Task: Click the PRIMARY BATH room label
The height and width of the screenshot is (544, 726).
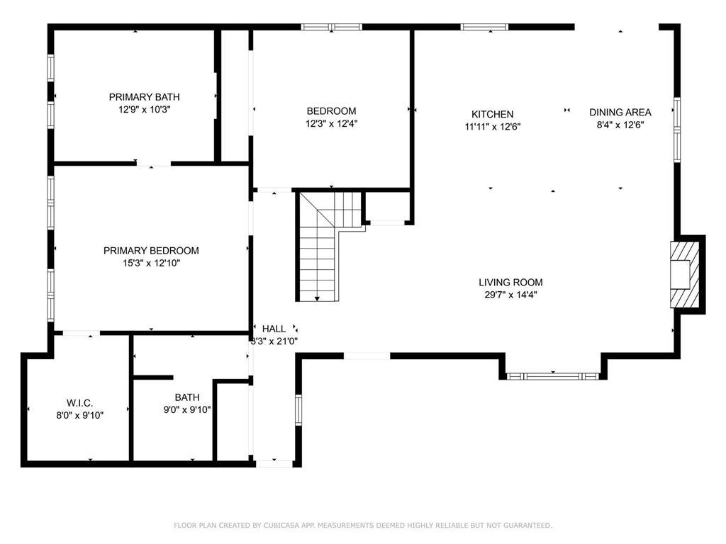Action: tap(144, 97)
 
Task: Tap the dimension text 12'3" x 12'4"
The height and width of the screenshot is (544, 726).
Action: tap(332, 123)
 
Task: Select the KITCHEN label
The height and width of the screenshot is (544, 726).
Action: tap(492, 114)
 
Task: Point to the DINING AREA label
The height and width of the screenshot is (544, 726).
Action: tap(620, 112)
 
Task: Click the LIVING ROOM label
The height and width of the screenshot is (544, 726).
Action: tap(510, 282)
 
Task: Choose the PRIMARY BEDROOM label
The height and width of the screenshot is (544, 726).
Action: tap(151, 251)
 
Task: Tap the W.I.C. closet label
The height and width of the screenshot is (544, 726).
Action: tap(79, 403)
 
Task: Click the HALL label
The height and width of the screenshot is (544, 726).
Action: tap(274, 329)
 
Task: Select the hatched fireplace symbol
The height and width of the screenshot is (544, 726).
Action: tap(685, 274)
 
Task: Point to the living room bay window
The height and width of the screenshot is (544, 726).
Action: tap(553, 377)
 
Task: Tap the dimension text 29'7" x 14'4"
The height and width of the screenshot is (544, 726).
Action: tap(510, 295)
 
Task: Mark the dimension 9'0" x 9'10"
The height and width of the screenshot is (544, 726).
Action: tap(187, 409)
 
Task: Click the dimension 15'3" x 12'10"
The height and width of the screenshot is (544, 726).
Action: tap(151, 263)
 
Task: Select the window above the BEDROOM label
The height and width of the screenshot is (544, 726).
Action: tap(332, 27)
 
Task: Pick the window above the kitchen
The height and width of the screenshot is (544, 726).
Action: tap(484, 27)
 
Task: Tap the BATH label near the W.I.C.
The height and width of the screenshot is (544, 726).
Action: tap(187, 397)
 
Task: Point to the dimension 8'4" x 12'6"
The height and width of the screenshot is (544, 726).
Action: tap(620, 125)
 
